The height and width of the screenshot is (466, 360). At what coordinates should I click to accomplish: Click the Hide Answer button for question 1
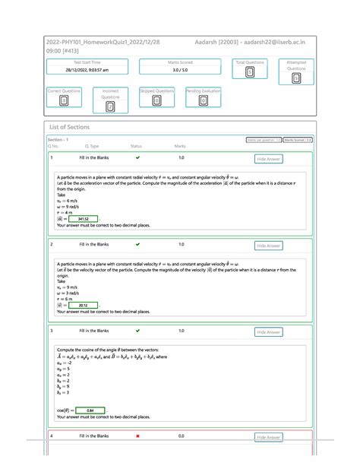pos(269,159)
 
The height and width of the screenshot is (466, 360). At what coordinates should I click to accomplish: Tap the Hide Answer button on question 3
pos(269,332)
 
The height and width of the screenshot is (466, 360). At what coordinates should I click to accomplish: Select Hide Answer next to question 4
pos(269,437)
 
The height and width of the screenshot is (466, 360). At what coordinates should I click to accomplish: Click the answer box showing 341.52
pos(84,218)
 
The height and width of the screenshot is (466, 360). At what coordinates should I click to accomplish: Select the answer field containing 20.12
pos(84,306)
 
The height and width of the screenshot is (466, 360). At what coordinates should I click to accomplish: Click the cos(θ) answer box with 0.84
pos(90,411)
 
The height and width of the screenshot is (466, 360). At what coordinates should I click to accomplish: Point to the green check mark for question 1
pos(137,158)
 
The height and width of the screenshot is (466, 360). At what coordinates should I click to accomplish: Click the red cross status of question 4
pos(137,436)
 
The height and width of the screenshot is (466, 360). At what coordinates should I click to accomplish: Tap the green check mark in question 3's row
pos(137,331)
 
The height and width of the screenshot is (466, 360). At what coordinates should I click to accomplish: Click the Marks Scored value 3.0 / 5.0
pos(181,70)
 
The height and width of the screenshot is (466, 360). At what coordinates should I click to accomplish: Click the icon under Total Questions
pos(250,72)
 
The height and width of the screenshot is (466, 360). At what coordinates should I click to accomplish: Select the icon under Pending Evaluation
pos(203,100)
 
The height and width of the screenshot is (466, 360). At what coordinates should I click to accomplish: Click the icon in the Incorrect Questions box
pos(110,106)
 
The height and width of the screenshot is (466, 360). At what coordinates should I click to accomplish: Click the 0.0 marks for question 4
pos(181,436)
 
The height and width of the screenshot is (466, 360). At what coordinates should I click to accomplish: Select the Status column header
pos(136,146)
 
